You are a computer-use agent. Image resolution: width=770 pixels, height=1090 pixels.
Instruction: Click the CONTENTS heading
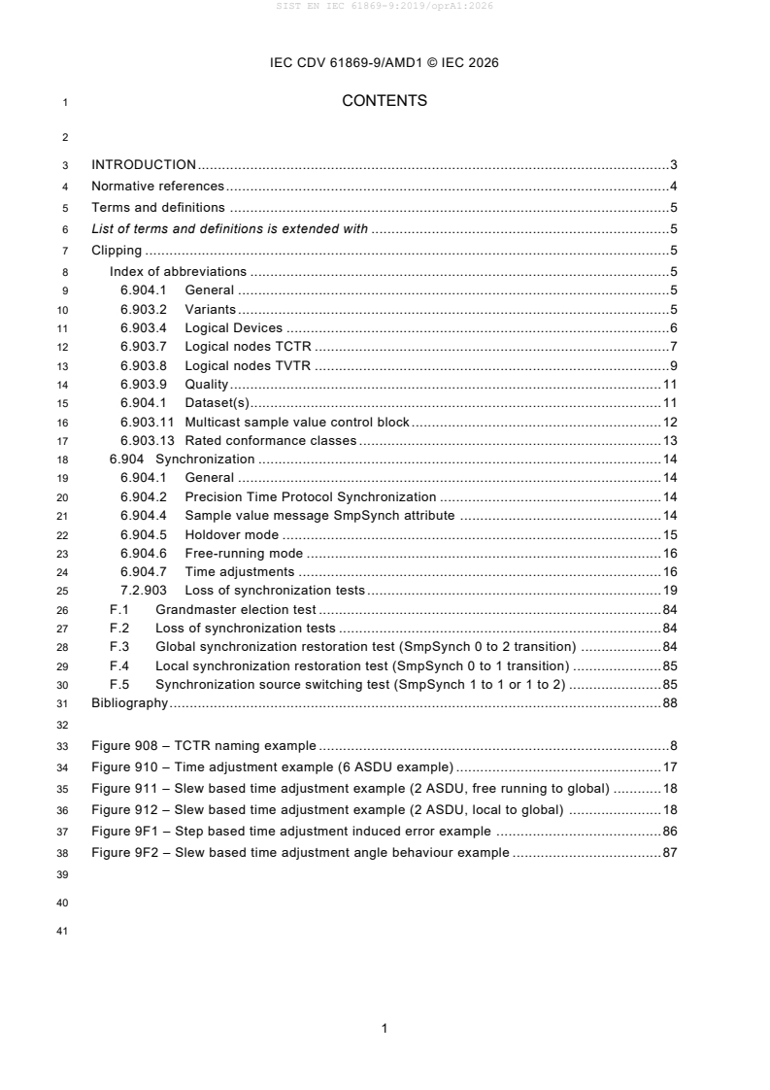[385, 101]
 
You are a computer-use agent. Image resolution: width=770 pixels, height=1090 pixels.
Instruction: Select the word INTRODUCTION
[144, 165]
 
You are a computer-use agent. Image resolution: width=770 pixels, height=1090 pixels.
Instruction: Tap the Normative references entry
[157, 187]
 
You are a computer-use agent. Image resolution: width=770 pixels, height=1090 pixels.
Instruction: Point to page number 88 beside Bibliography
[669, 703]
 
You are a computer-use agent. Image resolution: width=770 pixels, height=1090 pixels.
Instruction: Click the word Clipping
[117, 251]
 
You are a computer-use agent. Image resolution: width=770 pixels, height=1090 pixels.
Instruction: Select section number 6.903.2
[143, 310]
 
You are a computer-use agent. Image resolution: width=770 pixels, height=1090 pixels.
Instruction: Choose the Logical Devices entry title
[233, 328]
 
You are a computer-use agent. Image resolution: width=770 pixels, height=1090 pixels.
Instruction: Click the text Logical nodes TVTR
[249, 365]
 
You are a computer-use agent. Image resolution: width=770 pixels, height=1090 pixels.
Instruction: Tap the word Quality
[206, 385]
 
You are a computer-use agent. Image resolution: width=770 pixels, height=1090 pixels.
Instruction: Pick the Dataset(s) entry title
[218, 403]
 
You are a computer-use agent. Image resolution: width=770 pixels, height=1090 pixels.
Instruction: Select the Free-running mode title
[245, 553]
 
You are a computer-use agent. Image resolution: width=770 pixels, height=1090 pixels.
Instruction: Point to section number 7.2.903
[144, 591]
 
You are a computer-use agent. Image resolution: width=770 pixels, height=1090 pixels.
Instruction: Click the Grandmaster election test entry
[237, 610]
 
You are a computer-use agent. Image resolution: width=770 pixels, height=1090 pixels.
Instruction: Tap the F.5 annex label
[119, 685]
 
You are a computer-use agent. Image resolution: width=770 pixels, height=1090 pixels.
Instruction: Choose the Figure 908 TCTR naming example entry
[203, 746]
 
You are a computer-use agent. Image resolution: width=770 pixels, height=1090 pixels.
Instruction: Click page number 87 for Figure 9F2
[669, 853]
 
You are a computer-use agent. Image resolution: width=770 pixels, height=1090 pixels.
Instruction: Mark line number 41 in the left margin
[65, 936]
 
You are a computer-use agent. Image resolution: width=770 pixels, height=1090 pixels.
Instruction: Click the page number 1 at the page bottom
[385, 1028]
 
